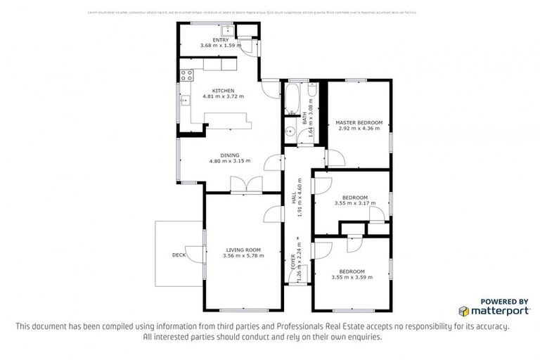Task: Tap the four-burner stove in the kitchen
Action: point(186,74)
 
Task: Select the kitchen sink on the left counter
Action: point(185,101)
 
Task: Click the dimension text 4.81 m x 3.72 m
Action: point(224,96)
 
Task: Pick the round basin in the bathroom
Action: point(289,131)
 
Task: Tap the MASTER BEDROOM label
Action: point(359,122)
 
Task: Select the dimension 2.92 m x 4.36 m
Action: point(359,129)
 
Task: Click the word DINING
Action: point(230,155)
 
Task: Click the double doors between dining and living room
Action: point(247,185)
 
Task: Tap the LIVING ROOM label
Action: point(243,250)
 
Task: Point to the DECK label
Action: point(178,255)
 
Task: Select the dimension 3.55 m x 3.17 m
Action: point(355,203)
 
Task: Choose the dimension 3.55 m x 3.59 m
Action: point(352,278)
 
